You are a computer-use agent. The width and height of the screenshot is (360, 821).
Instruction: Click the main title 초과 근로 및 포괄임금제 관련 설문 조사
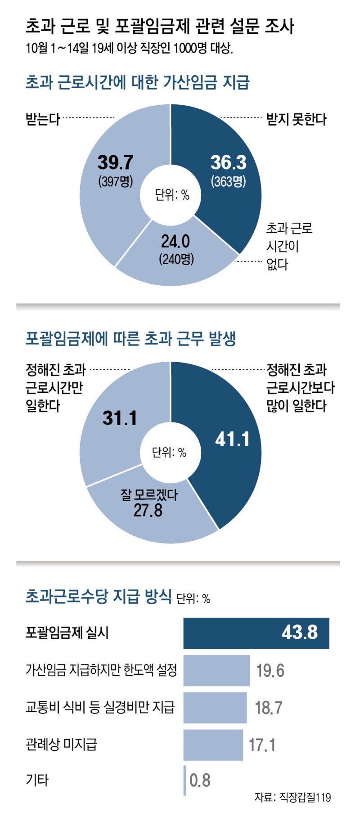tap(160, 26)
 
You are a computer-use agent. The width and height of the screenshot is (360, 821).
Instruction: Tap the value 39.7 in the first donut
tap(115, 162)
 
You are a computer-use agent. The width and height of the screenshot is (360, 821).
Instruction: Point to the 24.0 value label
tap(175, 242)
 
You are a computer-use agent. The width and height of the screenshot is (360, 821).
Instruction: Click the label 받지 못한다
tap(296, 120)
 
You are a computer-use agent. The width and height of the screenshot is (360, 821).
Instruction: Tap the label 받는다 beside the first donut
tap(43, 119)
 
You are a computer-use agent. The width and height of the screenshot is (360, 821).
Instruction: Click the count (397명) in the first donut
tap(116, 181)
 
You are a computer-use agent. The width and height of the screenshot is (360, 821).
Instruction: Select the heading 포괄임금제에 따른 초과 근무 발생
tap(130, 338)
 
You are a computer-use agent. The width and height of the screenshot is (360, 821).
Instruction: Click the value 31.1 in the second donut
tap(119, 418)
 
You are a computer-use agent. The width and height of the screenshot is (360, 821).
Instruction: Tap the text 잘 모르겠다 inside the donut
tap(149, 495)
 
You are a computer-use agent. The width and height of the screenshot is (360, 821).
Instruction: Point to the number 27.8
tap(148, 511)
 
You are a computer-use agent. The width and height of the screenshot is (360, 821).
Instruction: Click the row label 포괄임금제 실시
tap(67, 633)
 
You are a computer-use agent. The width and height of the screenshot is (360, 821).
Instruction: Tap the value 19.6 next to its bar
tap(270, 670)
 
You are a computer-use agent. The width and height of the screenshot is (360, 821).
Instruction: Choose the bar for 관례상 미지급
tap(213, 745)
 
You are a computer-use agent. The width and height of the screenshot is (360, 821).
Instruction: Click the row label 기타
tap(37, 780)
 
